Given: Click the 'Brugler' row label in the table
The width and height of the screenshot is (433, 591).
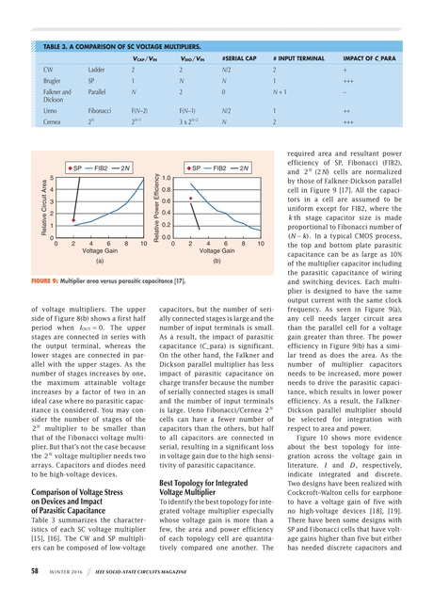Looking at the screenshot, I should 55,83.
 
